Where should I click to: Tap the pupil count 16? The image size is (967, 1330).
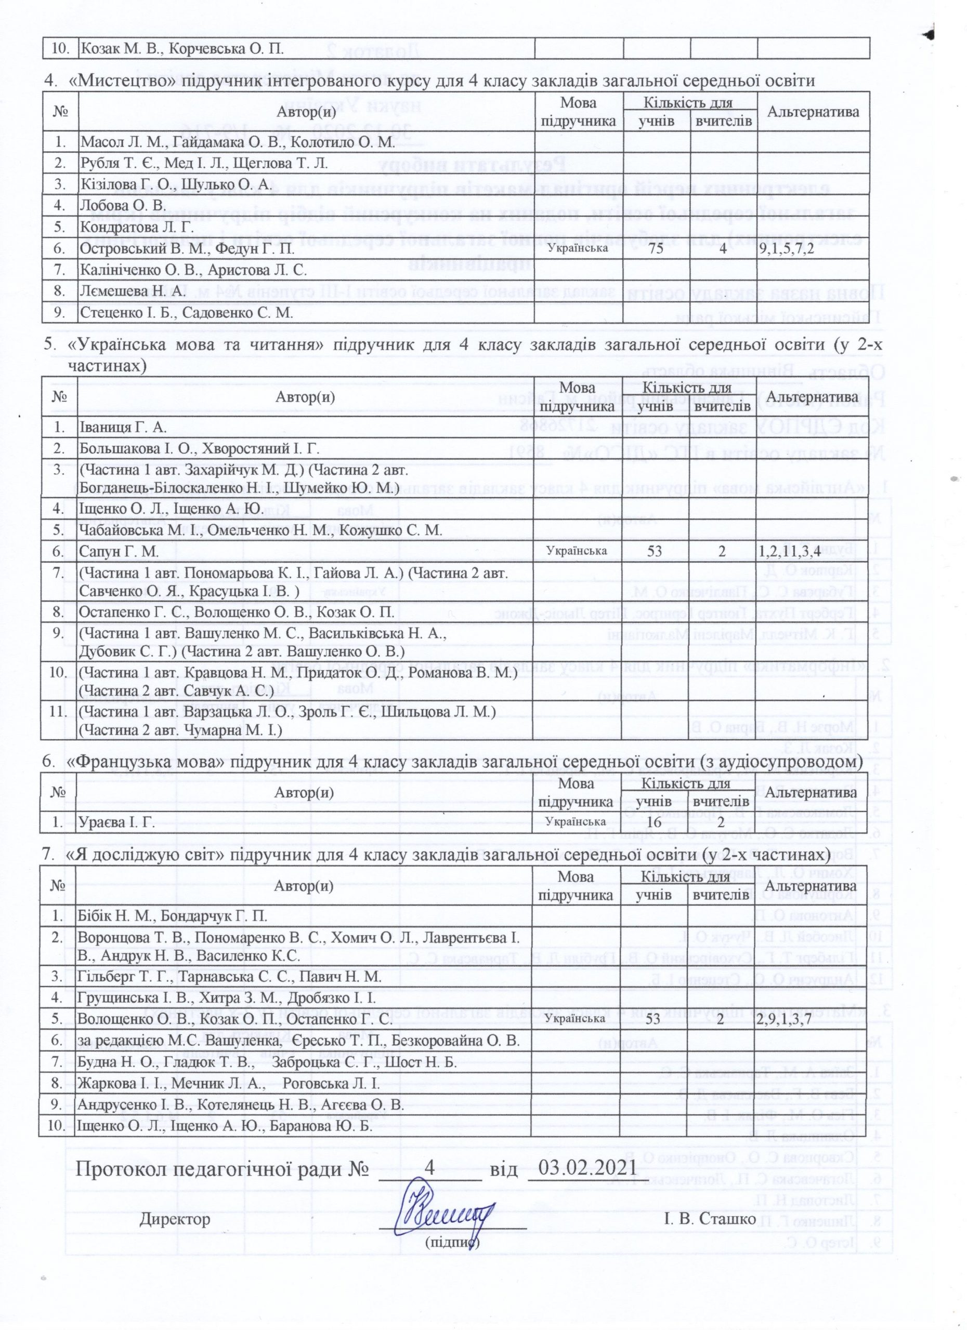653,822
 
